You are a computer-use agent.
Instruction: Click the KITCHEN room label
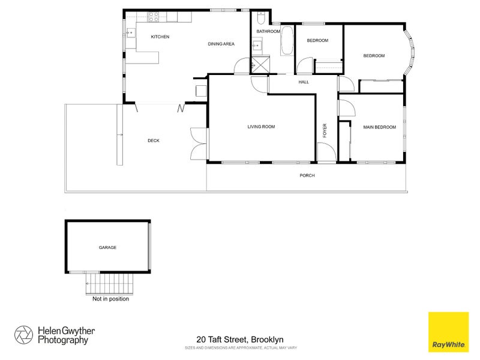[x=160, y=37]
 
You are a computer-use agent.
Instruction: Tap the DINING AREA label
[x=221, y=44]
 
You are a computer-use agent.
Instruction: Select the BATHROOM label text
[x=268, y=31]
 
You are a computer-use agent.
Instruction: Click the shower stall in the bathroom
[x=260, y=64]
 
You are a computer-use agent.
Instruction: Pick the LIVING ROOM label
[x=261, y=127]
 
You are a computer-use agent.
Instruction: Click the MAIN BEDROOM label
[x=380, y=127]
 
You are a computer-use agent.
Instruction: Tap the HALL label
[x=304, y=82]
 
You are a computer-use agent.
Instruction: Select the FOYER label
[x=325, y=131]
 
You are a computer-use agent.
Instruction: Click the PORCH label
[x=307, y=176]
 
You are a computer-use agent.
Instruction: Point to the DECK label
[x=154, y=141]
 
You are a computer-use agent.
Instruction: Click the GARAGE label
[x=108, y=247]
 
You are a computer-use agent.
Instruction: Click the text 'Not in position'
[x=110, y=298]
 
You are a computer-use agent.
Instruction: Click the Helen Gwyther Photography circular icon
[x=24, y=335]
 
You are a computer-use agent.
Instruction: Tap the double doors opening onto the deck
[x=198, y=144]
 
